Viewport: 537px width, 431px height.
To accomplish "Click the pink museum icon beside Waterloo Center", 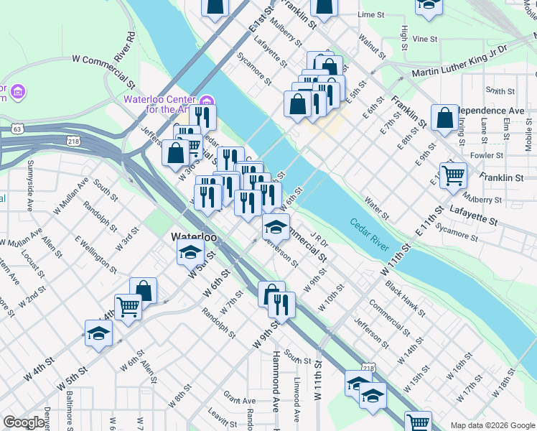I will click(207, 99).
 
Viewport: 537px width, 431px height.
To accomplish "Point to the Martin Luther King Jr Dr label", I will click(460, 60).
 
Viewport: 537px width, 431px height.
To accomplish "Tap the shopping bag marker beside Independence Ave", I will click(445, 118).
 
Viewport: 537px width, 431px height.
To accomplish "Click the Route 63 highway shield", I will click(16, 129).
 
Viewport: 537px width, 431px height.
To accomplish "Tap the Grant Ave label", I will click(240, 399).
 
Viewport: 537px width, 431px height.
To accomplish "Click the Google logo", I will click(24, 422).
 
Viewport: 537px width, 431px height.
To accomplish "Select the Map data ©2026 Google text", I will click(493, 425).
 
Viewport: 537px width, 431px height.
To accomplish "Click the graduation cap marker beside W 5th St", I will click(190, 252).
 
